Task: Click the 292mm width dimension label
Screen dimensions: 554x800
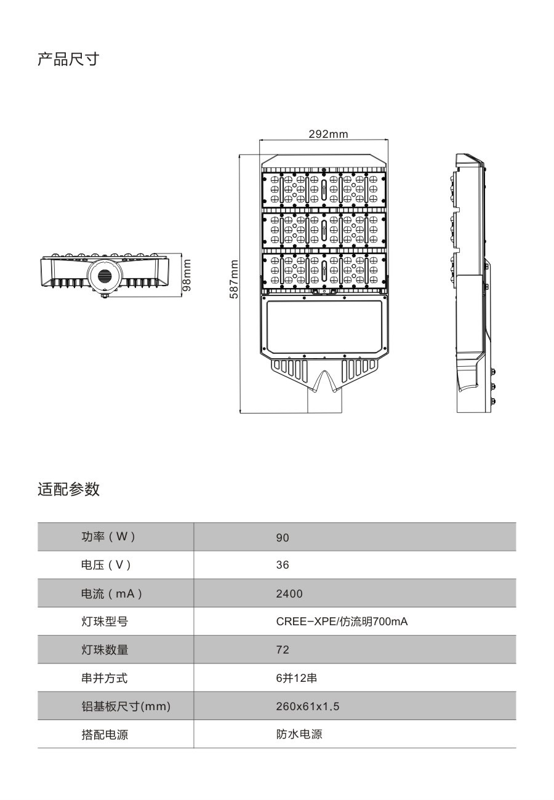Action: click(328, 134)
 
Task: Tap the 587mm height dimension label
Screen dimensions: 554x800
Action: click(233, 279)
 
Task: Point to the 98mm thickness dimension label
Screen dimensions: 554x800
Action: click(187, 275)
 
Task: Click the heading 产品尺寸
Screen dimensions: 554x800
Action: click(68, 59)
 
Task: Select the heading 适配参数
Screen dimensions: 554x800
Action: click(68, 489)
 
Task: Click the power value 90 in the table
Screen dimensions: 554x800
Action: click(282, 537)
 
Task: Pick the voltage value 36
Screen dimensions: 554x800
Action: click(282, 565)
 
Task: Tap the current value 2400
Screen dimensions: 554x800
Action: click(289, 594)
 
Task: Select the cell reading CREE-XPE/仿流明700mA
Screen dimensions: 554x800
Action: click(342, 622)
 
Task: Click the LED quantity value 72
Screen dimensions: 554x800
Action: click(282, 650)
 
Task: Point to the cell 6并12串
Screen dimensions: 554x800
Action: click(296, 678)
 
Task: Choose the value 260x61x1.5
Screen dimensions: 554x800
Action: click(307, 706)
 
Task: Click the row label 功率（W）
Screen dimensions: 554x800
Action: click(108, 537)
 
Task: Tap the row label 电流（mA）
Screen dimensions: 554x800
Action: click(111, 594)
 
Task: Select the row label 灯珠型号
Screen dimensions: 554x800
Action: click(104, 622)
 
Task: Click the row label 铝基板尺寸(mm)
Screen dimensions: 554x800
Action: click(126, 706)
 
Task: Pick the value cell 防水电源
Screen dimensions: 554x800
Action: click(299, 734)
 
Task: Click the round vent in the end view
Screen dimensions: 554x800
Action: click(105, 275)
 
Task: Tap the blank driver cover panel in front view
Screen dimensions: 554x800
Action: click(324, 325)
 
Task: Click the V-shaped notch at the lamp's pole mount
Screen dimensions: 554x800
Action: click(324, 382)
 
